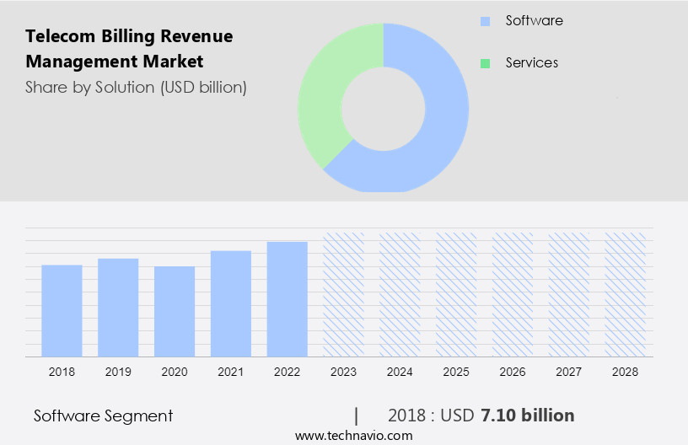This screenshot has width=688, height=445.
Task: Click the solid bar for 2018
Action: (62, 310)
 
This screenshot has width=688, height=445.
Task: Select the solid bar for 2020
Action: (175, 311)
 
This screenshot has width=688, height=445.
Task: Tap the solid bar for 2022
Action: (288, 298)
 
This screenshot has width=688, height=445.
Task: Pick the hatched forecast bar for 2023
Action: (344, 294)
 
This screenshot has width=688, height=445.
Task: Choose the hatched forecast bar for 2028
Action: (626, 294)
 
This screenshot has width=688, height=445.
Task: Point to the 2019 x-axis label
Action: (118, 371)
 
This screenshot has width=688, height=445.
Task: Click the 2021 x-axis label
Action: (231, 371)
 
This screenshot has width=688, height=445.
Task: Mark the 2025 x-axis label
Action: (456, 371)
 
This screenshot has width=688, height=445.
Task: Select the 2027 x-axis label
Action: (569, 371)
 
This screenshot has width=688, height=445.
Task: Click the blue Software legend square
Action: (485, 21)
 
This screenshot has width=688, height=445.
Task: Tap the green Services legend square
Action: (485, 63)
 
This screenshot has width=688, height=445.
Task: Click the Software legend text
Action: (534, 20)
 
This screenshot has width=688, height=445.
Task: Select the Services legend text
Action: (531, 62)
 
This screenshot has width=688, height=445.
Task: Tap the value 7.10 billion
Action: (528, 416)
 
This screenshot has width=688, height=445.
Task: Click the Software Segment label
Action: (103, 416)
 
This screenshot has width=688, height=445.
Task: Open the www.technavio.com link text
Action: (353, 435)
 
